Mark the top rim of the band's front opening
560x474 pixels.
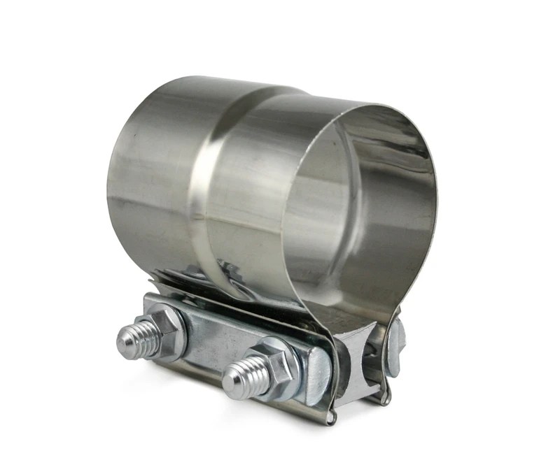click(x=364, y=104)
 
